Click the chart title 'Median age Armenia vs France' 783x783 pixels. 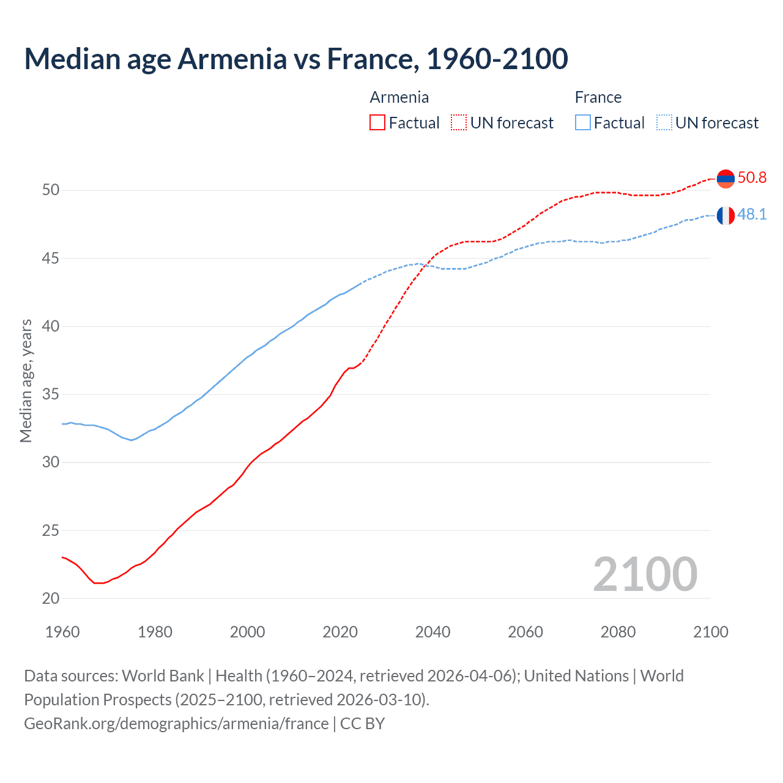tap(296, 59)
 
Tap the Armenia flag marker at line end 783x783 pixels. tap(725, 179)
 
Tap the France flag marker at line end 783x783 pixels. tap(725, 215)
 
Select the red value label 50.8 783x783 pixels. tap(752, 178)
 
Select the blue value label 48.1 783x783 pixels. tap(752, 215)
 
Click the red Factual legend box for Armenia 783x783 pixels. tap(377, 123)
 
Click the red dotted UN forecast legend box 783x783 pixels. tap(459, 123)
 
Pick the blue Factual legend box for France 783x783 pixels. tap(583, 123)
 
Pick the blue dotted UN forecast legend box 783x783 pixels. tap(664, 123)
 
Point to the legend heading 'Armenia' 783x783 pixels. tap(399, 97)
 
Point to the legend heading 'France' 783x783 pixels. tap(598, 97)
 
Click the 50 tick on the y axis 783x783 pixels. tap(51, 190)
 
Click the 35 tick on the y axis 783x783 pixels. tap(51, 395)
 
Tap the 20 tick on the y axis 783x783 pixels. tap(51, 599)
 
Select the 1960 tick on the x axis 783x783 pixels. tap(62, 632)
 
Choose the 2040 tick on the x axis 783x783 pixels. tap(432, 632)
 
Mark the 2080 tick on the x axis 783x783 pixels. tap(618, 632)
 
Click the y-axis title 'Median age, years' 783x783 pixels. tap(26, 380)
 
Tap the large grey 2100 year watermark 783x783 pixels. tap(645, 574)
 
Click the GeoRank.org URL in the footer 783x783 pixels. tap(176, 724)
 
